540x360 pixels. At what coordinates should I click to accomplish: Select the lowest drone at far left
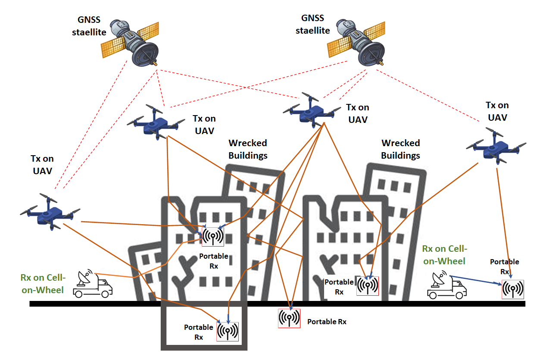click(50, 212)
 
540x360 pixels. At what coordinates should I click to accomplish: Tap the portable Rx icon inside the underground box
click(228, 331)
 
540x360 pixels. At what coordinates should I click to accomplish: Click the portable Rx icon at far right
click(513, 289)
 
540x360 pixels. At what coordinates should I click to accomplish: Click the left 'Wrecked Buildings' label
click(248, 149)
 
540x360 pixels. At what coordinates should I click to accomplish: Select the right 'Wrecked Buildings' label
click(400, 149)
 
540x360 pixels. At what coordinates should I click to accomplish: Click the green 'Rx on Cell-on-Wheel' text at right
click(444, 255)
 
